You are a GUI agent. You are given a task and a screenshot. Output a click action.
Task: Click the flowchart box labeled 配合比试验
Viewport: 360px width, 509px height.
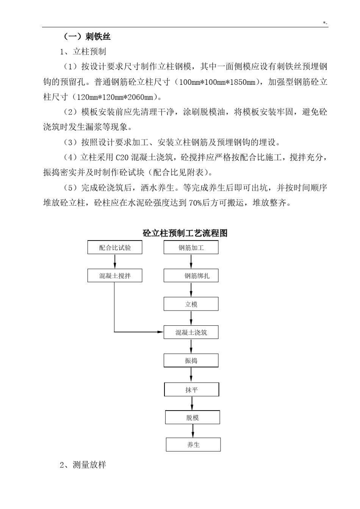point(115,248)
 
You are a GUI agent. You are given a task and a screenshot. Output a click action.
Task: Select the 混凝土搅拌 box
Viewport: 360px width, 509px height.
point(115,276)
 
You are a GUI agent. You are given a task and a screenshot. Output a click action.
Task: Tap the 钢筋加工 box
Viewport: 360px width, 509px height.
point(191,248)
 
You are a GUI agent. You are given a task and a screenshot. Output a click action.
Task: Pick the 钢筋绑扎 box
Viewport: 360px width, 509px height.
point(191,276)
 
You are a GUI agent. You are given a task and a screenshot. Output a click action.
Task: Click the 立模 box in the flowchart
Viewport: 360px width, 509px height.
point(191,304)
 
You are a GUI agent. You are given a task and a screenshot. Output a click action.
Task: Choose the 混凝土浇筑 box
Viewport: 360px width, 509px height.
point(191,333)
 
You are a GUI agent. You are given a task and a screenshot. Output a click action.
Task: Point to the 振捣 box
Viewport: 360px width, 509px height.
point(191,361)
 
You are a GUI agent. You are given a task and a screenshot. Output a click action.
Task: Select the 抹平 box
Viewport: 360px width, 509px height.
point(191,390)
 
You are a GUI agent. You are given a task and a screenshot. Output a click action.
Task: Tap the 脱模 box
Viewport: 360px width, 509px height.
point(193,418)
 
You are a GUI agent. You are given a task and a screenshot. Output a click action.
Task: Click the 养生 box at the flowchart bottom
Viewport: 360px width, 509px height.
point(193,445)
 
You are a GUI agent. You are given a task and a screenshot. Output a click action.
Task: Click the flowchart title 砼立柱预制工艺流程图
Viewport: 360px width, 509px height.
point(185,233)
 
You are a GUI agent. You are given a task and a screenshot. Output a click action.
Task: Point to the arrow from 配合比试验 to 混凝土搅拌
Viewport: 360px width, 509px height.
point(115,262)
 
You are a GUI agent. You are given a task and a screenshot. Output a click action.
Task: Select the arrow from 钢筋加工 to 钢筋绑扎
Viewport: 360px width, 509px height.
point(191,262)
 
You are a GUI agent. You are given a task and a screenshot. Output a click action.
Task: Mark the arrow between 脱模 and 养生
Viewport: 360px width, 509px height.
point(193,431)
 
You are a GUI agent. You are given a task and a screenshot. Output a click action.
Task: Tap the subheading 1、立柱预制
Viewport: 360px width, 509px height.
point(83,52)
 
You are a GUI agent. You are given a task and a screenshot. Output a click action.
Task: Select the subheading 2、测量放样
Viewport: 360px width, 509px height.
point(83,465)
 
